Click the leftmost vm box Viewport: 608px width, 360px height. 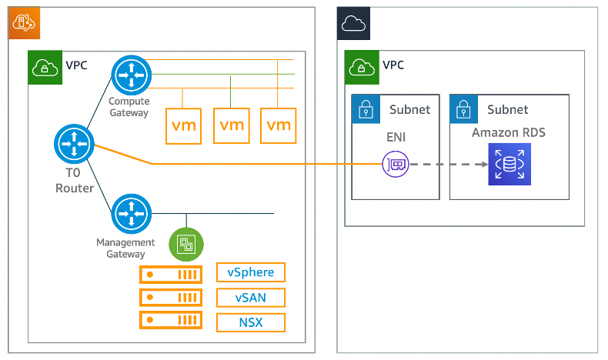[184, 125]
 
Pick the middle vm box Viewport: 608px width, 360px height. [232, 125]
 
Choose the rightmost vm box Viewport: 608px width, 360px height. [279, 125]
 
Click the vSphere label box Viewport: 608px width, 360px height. [250, 272]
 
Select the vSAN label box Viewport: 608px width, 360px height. [250, 298]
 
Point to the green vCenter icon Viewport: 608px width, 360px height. [185, 245]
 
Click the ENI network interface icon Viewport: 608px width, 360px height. [396, 165]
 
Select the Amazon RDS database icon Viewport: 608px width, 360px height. [508, 165]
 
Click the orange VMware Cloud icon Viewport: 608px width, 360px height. [23, 23]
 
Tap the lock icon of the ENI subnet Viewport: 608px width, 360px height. [366, 109]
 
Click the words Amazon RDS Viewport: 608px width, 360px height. [509, 132]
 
